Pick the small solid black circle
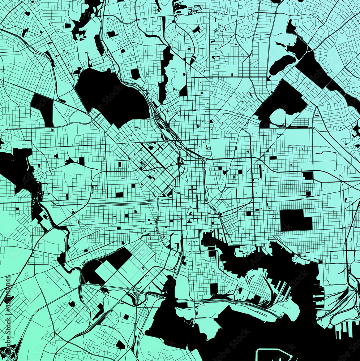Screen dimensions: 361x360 [x=184, y=74]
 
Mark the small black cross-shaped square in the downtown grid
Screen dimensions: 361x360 [x=192, y=189]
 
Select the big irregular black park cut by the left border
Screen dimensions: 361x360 [x=16, y=170]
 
